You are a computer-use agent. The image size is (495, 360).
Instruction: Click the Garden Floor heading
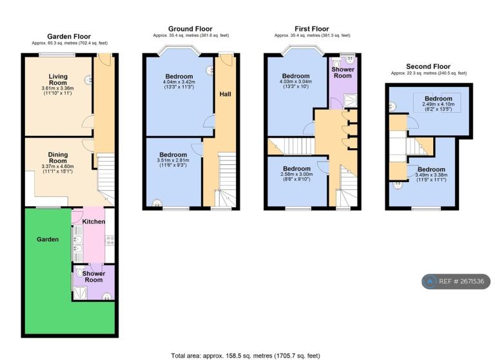tap(69, 37)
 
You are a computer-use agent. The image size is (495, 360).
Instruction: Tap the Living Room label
tap(58, 79)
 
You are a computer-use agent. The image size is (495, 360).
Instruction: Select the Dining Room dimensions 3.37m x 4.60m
tap(58, 166)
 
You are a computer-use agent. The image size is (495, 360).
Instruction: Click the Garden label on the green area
tap(48, 240)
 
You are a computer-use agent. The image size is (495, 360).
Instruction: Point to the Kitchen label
tap(93, 222)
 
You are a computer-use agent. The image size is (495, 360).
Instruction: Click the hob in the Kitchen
tap(110, 240)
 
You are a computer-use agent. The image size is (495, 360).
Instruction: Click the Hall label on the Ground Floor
tap(225, 94)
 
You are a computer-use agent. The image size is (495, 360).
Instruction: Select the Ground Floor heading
tap(190, 29)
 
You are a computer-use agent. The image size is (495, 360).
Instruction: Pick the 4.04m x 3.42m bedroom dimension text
tap(179, 82)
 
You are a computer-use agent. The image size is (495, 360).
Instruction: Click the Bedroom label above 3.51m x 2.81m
tap(173, 155)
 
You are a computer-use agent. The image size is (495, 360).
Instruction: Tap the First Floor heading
tap(312, 29)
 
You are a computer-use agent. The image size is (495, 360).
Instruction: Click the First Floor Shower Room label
tap(343, 73)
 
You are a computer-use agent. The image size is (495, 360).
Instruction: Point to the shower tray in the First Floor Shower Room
tap(350, 100)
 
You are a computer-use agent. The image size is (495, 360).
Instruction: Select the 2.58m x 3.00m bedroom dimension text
tap(296, 174)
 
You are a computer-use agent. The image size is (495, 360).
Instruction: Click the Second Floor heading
tap(428, 66)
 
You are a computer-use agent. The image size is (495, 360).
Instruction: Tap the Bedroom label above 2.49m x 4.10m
tap(438, 99)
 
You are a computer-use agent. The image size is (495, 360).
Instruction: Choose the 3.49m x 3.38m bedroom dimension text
tap(431, 175)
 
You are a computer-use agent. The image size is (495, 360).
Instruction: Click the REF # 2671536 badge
tap(456, 281)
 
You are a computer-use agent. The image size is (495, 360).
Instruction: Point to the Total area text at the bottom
tap(246, 356)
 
